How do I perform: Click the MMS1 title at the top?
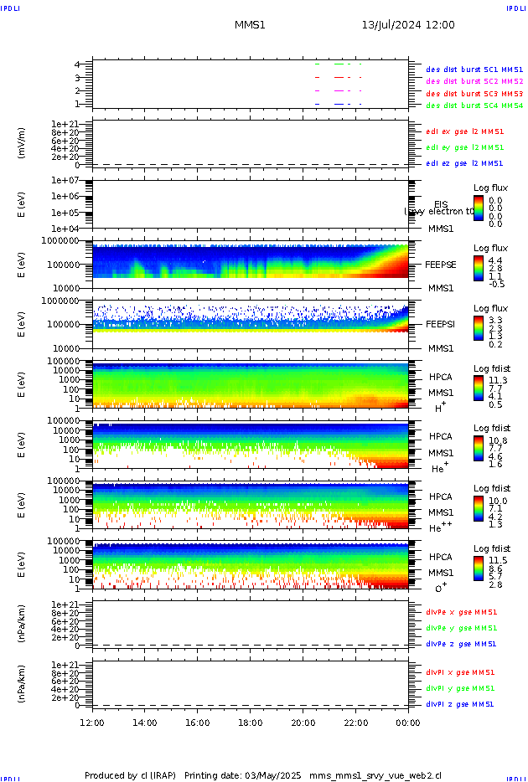250,25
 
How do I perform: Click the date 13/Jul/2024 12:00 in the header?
408,25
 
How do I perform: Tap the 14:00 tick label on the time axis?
145,722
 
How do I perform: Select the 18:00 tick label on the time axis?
251,722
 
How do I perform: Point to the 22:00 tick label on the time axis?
356,722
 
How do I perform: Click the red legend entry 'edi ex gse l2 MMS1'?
465,131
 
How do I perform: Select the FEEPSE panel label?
441,265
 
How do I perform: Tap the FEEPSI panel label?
441,324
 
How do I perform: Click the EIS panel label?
441,204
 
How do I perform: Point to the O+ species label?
440,589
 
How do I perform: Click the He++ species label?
440,528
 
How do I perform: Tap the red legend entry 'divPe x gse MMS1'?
461,612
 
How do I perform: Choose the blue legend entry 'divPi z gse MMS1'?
461,704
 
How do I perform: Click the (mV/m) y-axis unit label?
22,143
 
